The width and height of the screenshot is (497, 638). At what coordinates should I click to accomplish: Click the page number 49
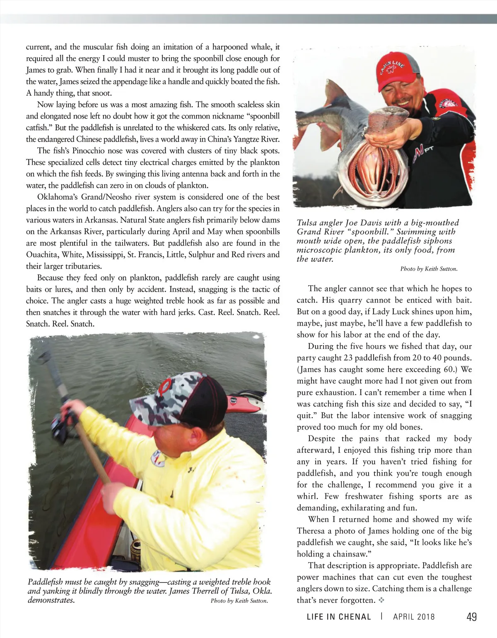(x=471, y=617)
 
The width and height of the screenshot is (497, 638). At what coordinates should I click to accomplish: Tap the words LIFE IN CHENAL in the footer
(x=339, y=617)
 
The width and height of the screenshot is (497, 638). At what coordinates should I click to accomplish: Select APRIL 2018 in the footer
(x=414, y=617)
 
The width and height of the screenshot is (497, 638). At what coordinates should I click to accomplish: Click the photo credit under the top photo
(x=429, y=269)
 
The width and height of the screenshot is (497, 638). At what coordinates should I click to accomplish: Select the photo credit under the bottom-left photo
(x=239, y=601)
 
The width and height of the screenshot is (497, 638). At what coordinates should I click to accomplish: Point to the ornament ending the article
(x=381, y=600)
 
